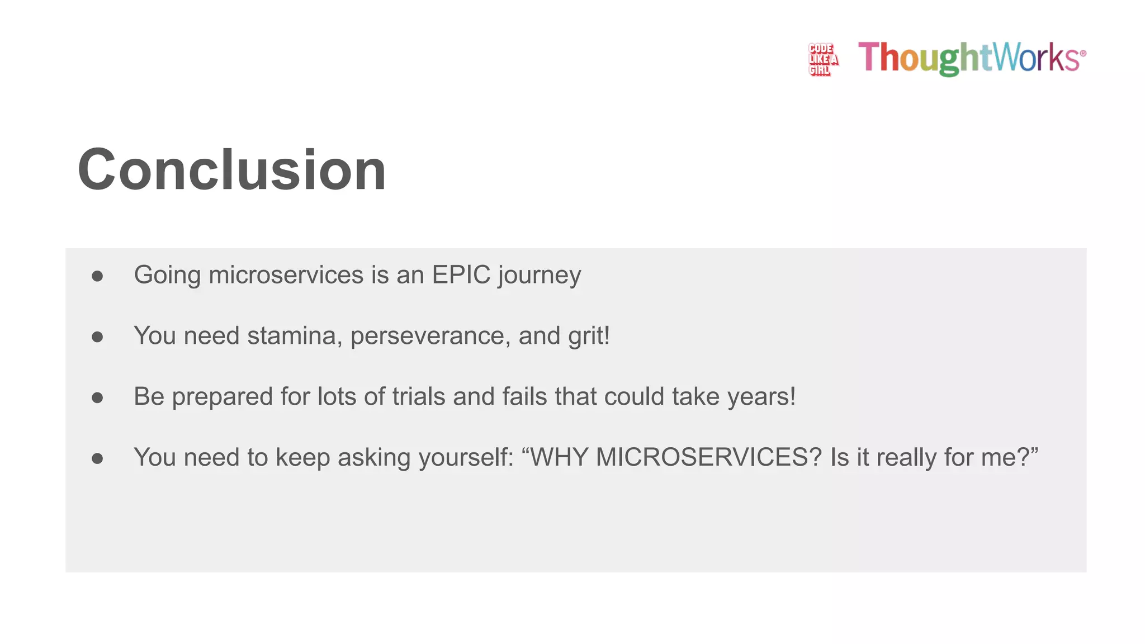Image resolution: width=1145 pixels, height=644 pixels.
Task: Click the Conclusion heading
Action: coord(231,170)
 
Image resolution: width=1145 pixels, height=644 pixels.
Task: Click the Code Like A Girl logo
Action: coord(822,59)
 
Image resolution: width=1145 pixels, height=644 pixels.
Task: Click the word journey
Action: coord(540,276)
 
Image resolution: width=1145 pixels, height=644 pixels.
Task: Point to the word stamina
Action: coord(295,336)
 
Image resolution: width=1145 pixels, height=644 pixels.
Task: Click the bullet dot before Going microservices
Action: coord(97,276)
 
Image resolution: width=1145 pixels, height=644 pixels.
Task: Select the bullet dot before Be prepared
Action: coord(97,397)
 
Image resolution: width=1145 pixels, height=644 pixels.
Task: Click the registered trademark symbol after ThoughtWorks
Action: coord(1083,54)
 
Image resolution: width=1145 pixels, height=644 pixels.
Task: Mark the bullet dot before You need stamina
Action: coord(97,337)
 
